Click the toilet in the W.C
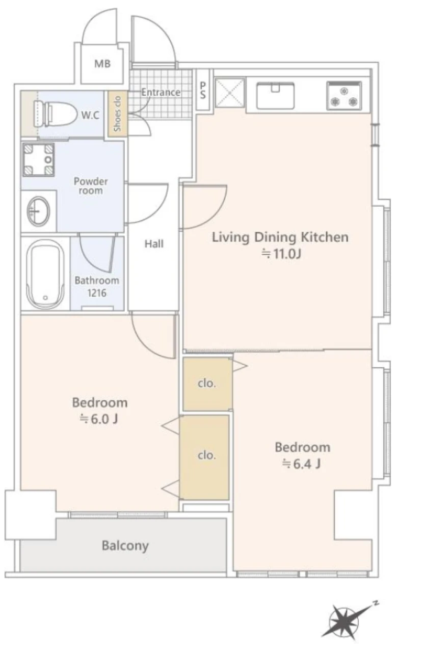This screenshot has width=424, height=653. point(51,114)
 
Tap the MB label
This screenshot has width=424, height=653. point(102,64)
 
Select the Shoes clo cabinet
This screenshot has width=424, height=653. point(118,114)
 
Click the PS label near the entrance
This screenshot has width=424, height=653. point(203,90)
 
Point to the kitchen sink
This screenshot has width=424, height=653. point(275,96)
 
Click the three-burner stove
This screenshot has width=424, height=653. point(344,96)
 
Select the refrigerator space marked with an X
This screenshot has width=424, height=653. point(229,93)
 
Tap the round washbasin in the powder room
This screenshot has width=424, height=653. point(38,211)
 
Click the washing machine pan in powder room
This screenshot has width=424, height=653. point(39,159)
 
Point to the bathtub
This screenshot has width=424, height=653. point(45,274)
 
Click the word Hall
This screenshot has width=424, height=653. point(154,243)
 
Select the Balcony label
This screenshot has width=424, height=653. point(125,546)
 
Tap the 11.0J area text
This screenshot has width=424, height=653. point(281,254)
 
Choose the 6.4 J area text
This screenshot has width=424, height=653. point(302,464)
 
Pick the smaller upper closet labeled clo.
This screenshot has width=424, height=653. point(207,384)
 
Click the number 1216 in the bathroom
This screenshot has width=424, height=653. point(97,293)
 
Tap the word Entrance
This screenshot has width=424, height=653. point(161,92)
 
